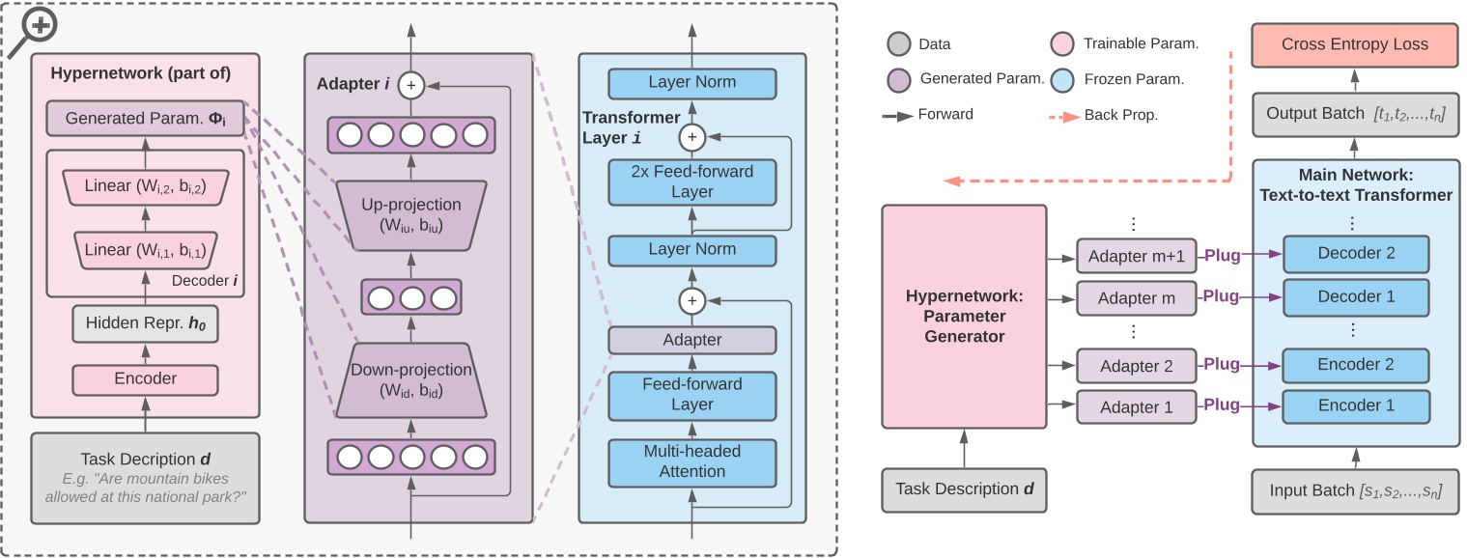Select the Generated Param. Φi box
[x=145, y=119]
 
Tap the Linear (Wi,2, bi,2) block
[x=145, y=185]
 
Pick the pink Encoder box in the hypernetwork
[x=145, y=378]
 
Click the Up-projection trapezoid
[x=411, y=214]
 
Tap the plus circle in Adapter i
[x=411, y=85]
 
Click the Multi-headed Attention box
[x=691, y=462]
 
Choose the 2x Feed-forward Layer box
[x=691, y=181]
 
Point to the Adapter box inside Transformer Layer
[x=691, y=340]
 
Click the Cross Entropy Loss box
[x=1354, y=45]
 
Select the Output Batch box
[x=1354, y=116]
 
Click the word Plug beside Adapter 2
[x=1221, y=366]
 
